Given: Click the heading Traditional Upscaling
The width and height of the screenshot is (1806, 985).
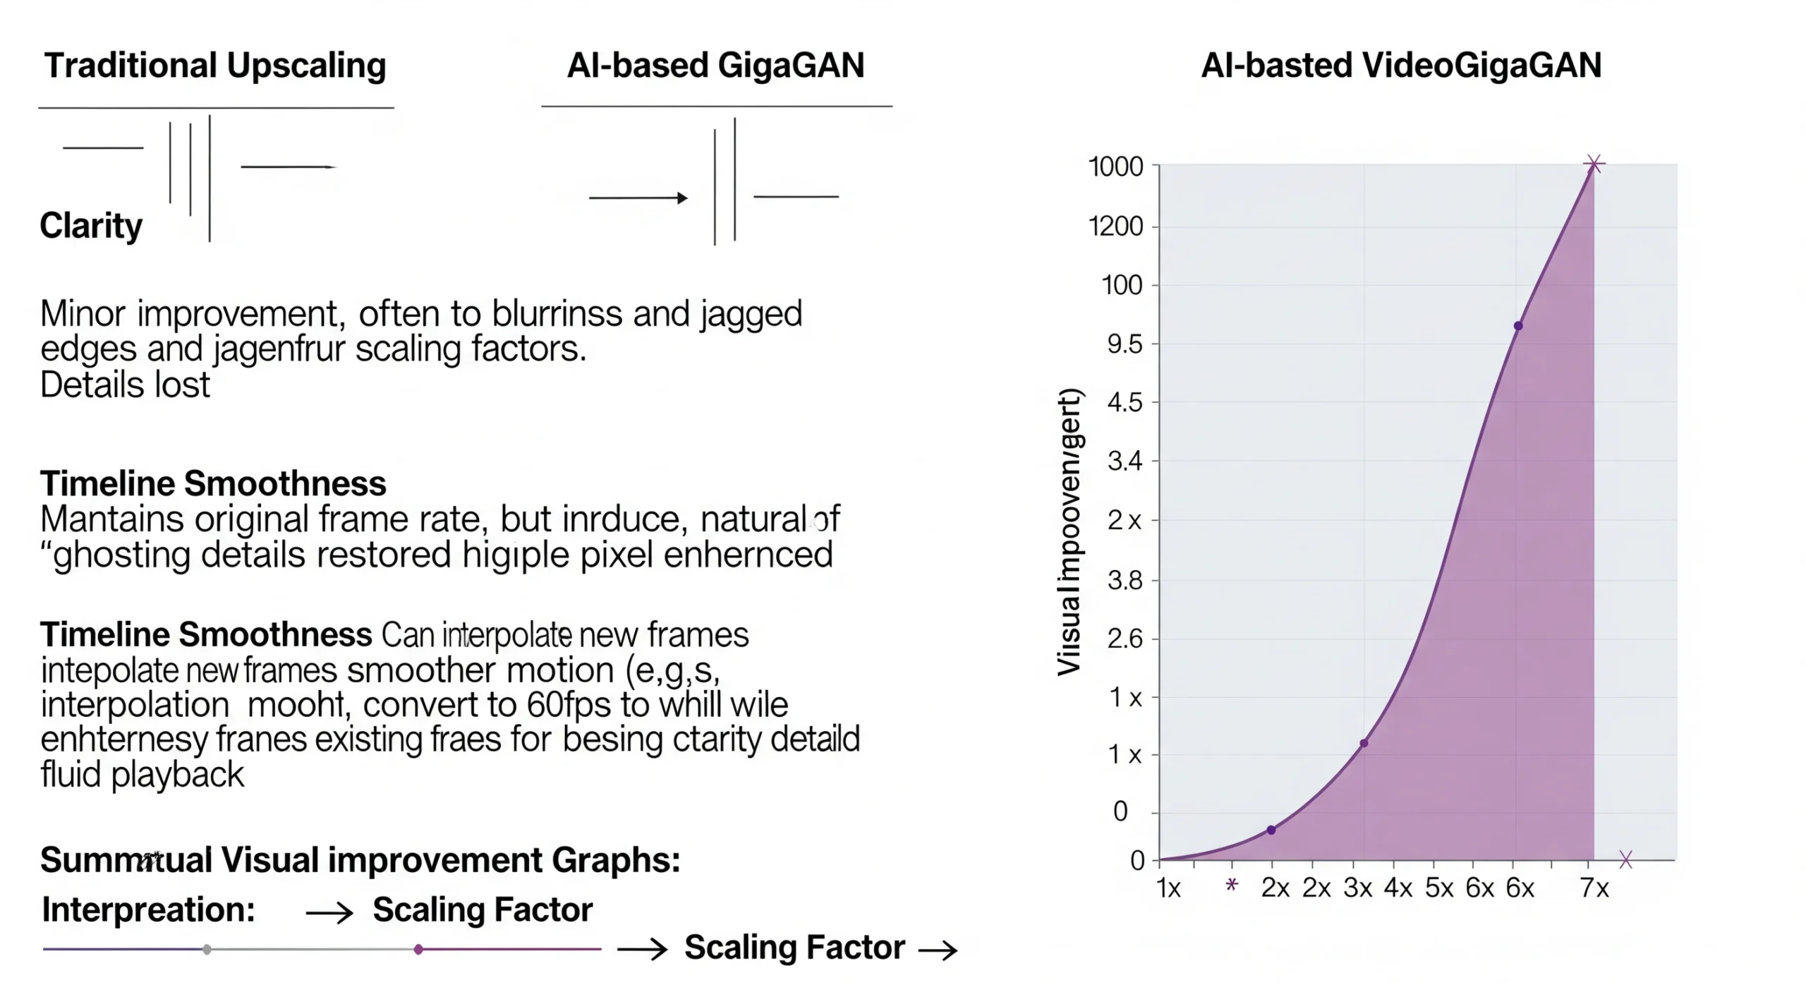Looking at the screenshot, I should pyautogui.click(x=215, y=66).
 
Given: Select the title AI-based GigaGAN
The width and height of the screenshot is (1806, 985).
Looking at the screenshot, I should pyautogui.click(x=715, y=66).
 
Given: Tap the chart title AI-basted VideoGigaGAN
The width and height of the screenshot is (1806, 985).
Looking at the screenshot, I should pyautogui.click(x=1400, y=66).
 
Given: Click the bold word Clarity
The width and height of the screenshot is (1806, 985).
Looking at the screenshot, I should pyautogui.click(x=91, y=226).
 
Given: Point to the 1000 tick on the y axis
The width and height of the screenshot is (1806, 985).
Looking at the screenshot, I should pyautogui.click(x=1115, y=167).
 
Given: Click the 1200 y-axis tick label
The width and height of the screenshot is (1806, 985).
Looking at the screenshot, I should pyautogui.click(x=1115, y=226).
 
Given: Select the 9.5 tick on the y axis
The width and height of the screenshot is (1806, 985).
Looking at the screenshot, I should pyautogui.click(x=1124, y=344).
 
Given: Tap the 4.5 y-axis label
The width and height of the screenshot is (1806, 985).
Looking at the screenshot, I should pyautogui.click(x=1124, y=403).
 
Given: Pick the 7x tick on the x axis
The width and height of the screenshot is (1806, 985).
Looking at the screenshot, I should pyautogui.click(x=1594, y=888).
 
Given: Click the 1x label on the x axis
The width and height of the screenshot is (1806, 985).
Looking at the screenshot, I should pyautogui.click(x=1168, y=888).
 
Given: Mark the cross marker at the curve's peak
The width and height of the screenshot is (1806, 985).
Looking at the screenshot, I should pyautogui.click(x=1594, y=164).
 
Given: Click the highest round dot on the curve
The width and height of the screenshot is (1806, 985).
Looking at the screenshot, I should pyautogui.click(x=1518, y=326).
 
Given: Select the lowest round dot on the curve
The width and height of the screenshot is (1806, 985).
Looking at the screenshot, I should pyautogui.click(x=1271, y=830).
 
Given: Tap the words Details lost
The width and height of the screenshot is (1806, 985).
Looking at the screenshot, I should pyautogui.click(x=125, y=385).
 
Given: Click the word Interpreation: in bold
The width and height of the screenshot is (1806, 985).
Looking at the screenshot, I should pyautogui.click(x=148, y=910).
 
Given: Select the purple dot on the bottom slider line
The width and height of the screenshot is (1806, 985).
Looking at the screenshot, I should pyautogui.click(x=418, y=950).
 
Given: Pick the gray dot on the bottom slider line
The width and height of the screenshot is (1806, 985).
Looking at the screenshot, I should pyautogui.click(x=207, y=950).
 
